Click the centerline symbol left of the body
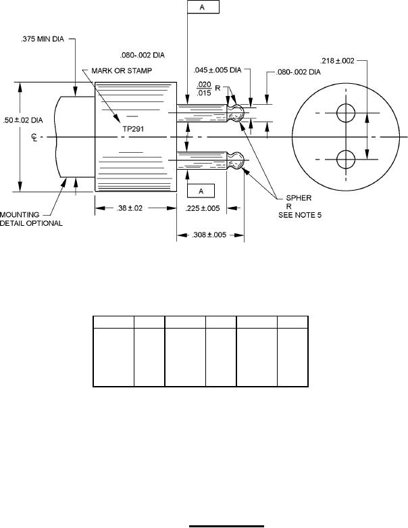(34, 138)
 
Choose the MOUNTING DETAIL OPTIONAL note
(32, 218)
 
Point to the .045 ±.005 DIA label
(218, 70)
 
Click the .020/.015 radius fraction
(203, 89)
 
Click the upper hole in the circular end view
(345, 113)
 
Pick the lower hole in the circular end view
(345, 160)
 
